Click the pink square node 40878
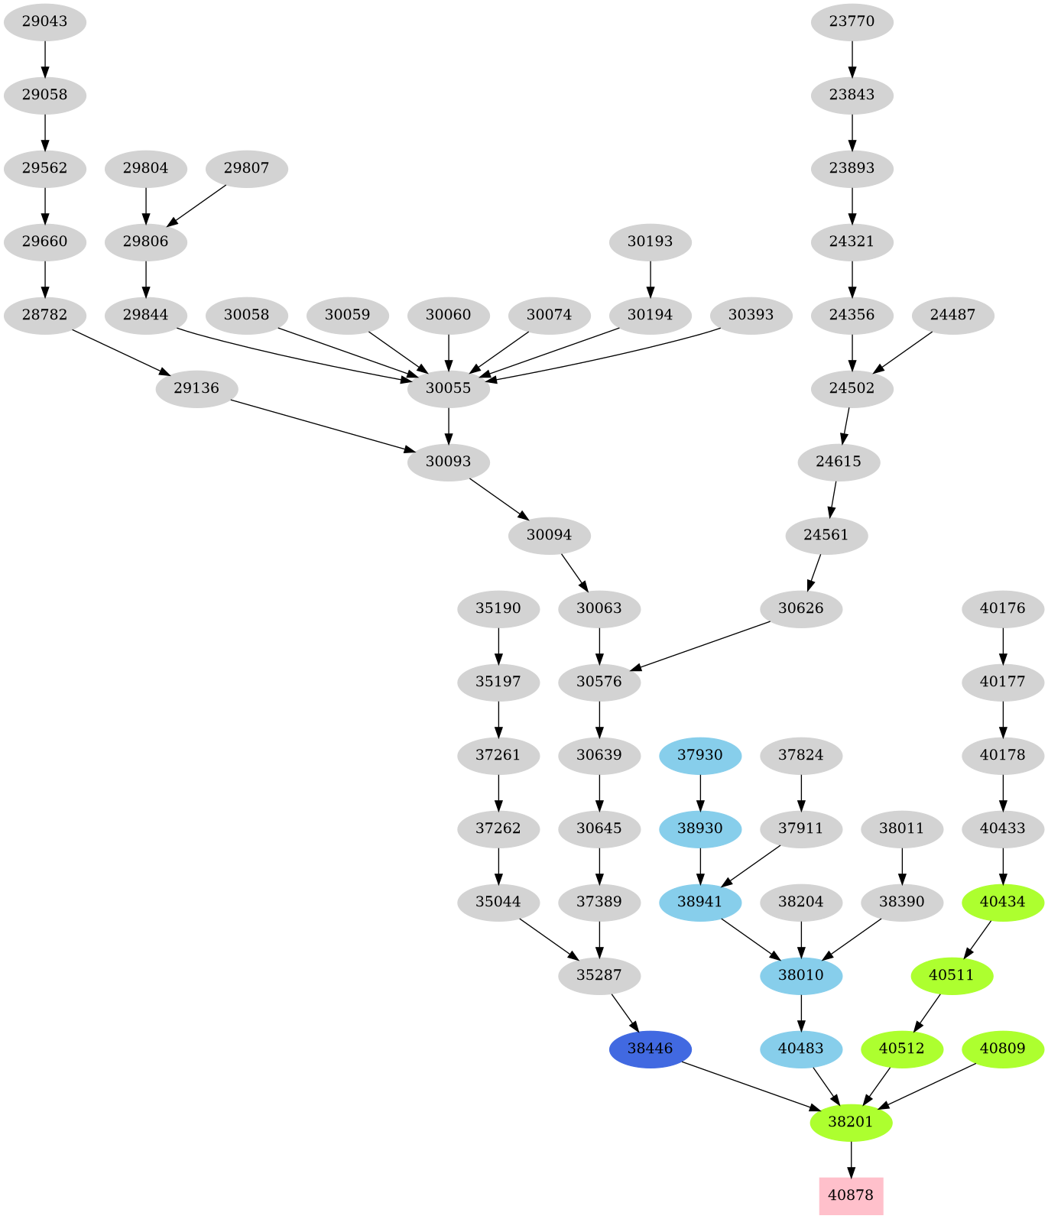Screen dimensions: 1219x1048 pyautogui.click(x=851, y=1195)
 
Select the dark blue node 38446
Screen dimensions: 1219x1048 pyautogui.click(x=650, y=1049)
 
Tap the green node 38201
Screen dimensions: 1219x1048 pyautogui.click(x=851, y=1122)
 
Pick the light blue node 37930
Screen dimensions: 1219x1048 pyautogui.click(x=700, y=755)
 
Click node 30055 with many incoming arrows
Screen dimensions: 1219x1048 pyautogui.click(x=448, y=388)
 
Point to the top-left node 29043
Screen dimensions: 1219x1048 pyautogui.click(x=44, y=21)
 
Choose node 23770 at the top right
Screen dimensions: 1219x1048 pyautogui.click(x=852, y=21)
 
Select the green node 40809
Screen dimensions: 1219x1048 pyautogui.click(x=1002, y=1049)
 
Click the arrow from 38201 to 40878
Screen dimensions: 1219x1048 pyautogui.click(x=851, y=1159)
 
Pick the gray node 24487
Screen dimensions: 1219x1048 pyautogui.click(x=952, y=315)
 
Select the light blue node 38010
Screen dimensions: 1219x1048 pyautogui.click(x=801, y=975)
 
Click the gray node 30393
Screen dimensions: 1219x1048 pyautogui.click(x=751, y=315)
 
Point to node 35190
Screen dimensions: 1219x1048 pyautogui.click(x=498, y=608)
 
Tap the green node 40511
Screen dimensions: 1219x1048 pyautogui.click(x=952, y=975)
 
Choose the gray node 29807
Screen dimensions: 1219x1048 pyautogui.click(x=246, y=168)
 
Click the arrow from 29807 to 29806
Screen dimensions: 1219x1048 pyautogui.click(x=196, y=205)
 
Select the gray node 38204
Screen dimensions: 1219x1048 pyautogui.click(x=801, y=902)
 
